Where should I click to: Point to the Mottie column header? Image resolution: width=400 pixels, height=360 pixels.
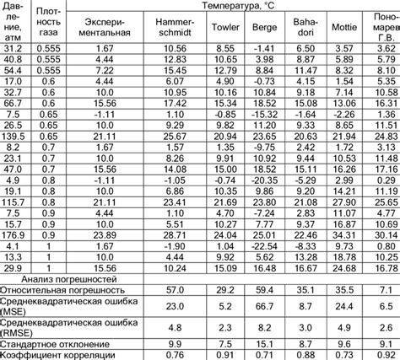click(343, 26)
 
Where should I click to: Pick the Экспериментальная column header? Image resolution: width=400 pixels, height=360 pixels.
click(105, 26)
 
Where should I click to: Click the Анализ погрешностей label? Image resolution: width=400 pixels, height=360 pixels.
click(69, 277)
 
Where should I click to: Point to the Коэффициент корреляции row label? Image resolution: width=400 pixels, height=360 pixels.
click(57, 355)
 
